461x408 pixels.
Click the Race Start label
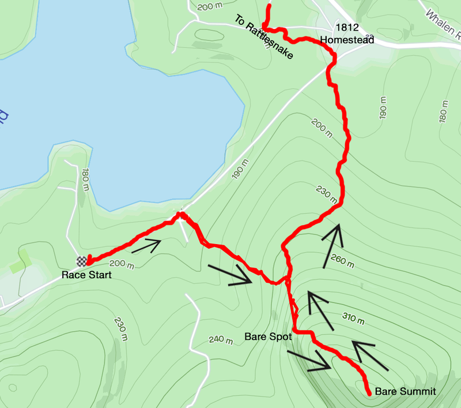coord(86,275)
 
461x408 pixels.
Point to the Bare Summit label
coord(405,392)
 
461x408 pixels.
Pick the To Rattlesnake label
coord(264,37)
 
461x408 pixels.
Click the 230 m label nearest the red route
coord(325,194)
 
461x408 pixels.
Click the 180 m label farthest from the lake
coord(444,111)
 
